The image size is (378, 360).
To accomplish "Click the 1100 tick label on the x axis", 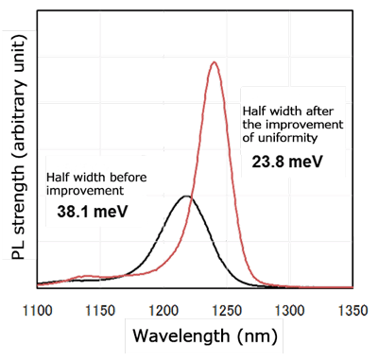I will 51,308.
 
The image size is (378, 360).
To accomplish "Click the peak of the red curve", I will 215,63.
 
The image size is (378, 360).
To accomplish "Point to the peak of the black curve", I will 187,197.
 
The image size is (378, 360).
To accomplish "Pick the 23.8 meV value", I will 287,162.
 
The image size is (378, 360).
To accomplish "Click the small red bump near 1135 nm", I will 87,277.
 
